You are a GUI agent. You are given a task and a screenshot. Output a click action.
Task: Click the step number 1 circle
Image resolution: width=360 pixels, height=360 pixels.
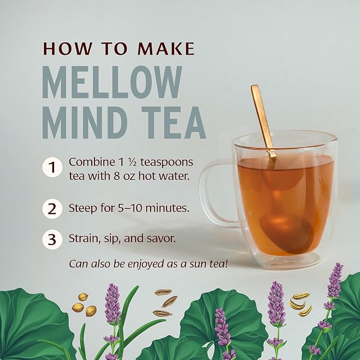[x=51, y=168]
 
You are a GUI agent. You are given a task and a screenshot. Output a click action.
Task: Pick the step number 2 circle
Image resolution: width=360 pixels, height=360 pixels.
[x=51, y=208]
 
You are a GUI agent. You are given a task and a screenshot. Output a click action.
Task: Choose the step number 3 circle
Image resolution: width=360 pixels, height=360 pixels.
[x=51, y=239]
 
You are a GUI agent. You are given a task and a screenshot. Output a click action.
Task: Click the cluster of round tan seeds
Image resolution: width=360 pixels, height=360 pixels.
[x=84, y=305]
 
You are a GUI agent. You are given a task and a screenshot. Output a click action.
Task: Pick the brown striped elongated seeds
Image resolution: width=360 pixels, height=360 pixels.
[x=165, y=302]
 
